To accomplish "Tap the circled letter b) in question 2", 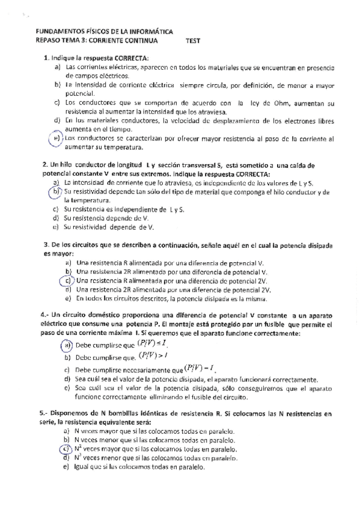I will [56, 191].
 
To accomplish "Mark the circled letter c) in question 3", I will [68, 280].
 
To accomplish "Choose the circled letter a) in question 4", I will [66, 345].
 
